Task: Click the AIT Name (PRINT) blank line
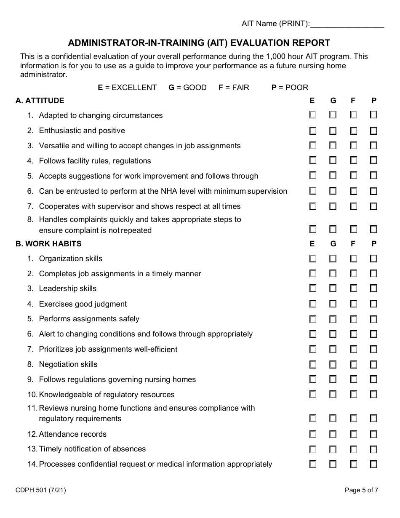pos(347,24)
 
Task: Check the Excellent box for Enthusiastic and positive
pos(313,131)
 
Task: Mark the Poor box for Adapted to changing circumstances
pos(373,115)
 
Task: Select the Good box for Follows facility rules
pos(333,160)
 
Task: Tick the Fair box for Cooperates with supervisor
pos(353,206)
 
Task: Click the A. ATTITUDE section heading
pos(40,101)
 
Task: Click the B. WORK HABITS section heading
pos(48,244)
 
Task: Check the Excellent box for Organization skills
pos(313,259)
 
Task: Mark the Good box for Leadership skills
pos(333,288)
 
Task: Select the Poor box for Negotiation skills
pos(373,364)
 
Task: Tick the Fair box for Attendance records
pos(353,434)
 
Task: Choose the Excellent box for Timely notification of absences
pos(313,449)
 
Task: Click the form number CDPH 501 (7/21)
pos(40,490)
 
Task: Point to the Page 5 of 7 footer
pos(361,490)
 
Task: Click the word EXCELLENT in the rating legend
pos(134,88)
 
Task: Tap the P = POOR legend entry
pos(290,88)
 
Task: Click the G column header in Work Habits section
pos(333,244)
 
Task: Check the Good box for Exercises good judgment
pos(333,304)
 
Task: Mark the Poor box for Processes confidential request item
pos(373,464)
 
